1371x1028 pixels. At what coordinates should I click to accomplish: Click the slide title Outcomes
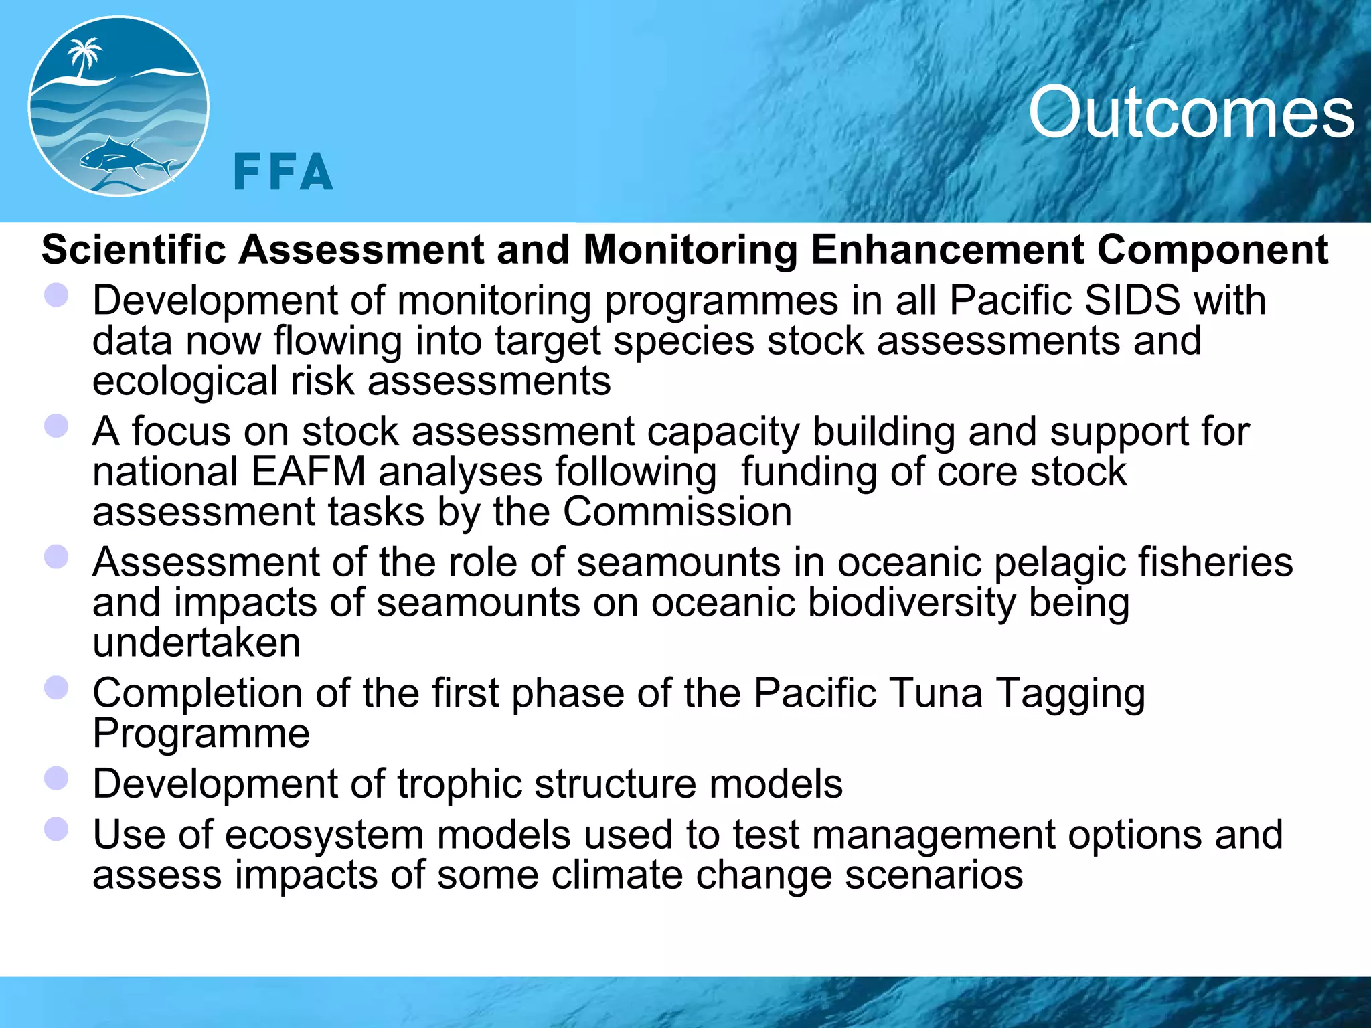[1191, 112]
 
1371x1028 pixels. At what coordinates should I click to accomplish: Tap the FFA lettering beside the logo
[283, 172]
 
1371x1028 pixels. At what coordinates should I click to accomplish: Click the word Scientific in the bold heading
[134, 250]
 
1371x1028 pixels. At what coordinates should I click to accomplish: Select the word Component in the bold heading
[1212, 250]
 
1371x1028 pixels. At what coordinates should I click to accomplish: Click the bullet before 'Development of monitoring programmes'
[56, 295]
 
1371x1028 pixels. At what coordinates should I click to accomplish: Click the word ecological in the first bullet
[185, 381]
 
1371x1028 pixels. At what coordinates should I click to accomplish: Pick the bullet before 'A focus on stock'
[56, 426]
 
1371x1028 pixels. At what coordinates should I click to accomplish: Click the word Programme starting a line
[201, 734]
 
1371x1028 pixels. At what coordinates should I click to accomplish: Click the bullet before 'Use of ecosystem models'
[56, 829]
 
